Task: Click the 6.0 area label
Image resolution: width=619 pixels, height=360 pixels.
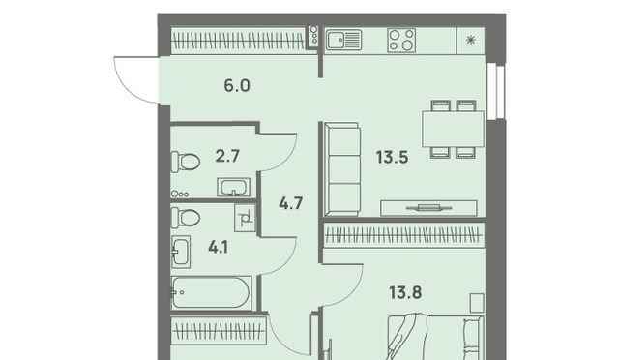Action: (x=237, y=85)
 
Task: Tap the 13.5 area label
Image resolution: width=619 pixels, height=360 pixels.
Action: (x=392, y=158)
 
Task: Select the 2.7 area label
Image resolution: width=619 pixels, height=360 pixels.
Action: (x=227, y=156)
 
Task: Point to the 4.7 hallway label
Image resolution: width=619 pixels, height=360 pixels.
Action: (x=290, y=203)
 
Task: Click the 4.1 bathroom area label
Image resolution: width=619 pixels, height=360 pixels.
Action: (x=219, y=248)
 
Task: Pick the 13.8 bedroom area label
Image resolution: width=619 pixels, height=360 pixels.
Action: (x=405, y=293)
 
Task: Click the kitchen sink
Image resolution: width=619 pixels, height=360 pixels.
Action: (x=344, y=40)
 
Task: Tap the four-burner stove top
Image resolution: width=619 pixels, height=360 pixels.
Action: (x=401, y=40)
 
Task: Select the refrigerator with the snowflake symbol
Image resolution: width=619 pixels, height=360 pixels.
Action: (x=470, y=41)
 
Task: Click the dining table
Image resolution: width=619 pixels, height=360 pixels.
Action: (x=454, y=130)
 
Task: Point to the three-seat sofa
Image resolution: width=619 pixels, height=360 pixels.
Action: (x=341, y=169)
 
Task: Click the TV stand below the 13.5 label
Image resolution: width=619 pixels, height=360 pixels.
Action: (x=428, y=208)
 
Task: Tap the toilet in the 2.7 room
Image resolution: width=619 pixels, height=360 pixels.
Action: (x=185, y=162)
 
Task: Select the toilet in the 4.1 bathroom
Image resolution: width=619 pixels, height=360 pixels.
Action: (x=185, y=218)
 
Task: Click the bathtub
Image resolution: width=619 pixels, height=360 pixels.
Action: (x=211, y=293)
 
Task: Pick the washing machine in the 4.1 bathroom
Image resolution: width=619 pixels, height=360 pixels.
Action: (x=245, y=218)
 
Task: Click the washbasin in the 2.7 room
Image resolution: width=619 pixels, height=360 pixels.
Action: (x=233, y=188)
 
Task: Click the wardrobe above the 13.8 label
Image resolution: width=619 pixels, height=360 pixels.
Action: (x=404, y=235)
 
